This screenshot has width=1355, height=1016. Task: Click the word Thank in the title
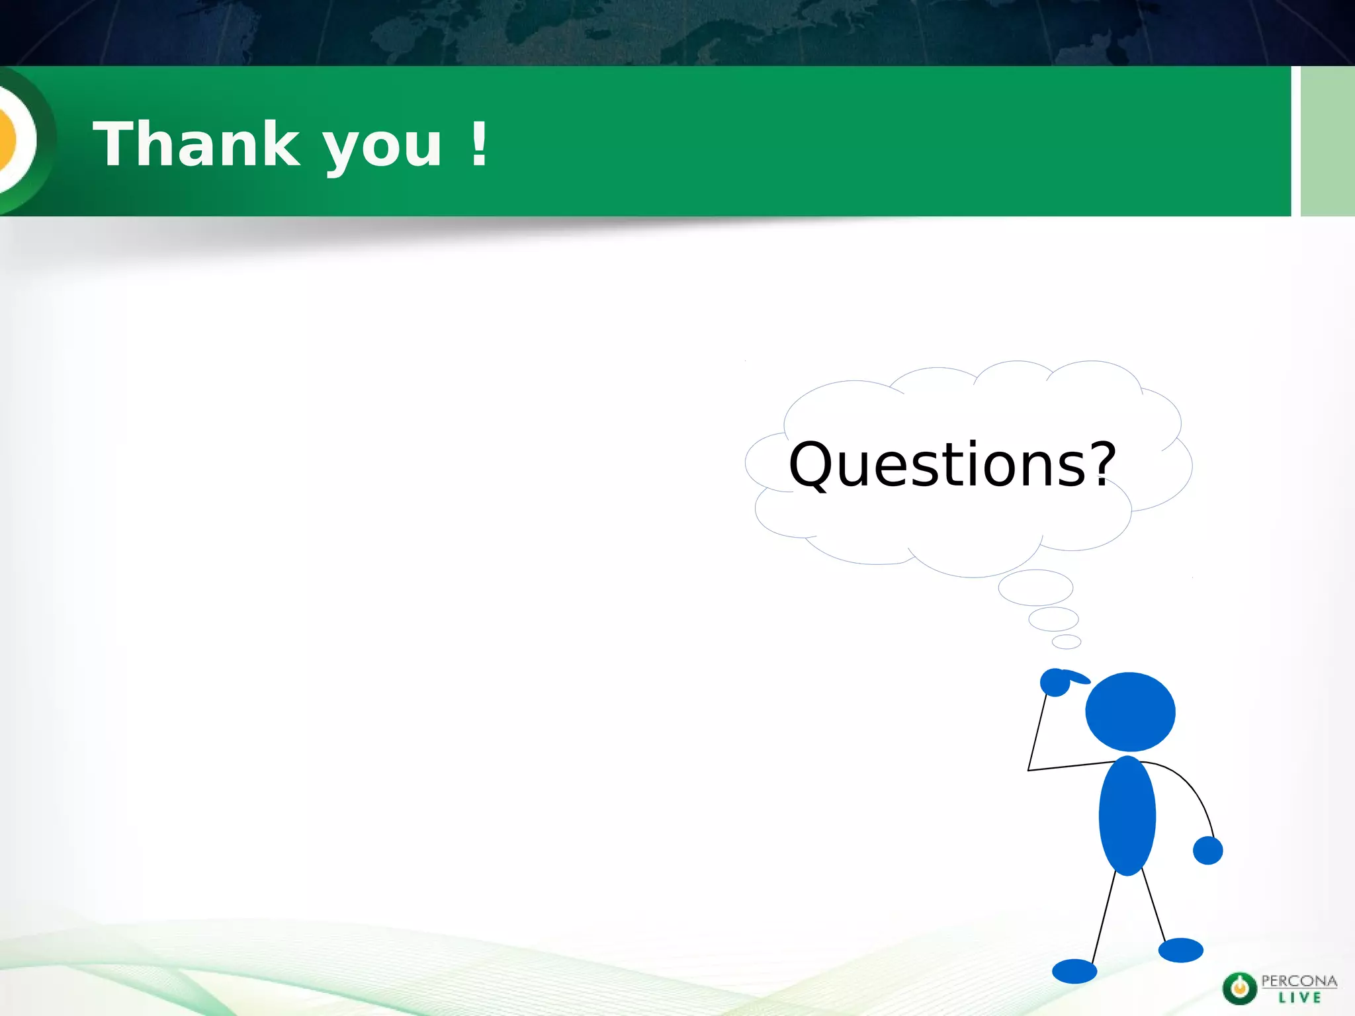pos(197,144)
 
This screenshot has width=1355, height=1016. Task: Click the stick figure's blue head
pos(1130,712)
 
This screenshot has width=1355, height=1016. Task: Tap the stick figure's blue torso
pos(1127,816)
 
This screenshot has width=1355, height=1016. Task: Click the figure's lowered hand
pos(1207,851)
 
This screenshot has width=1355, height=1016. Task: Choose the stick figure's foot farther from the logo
pos(1074,971)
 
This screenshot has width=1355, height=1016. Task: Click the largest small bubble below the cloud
pos(1035,587)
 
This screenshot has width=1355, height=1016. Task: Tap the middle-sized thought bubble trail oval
pos(1053,619)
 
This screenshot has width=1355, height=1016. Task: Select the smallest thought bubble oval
pos(1066,642)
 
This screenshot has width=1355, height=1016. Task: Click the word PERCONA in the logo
pos(1299,981)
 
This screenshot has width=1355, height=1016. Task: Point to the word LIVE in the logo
pos(1299,997)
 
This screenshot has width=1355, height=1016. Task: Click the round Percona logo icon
pos(1239,989)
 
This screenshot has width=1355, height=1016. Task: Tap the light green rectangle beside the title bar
pos(1327,141)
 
